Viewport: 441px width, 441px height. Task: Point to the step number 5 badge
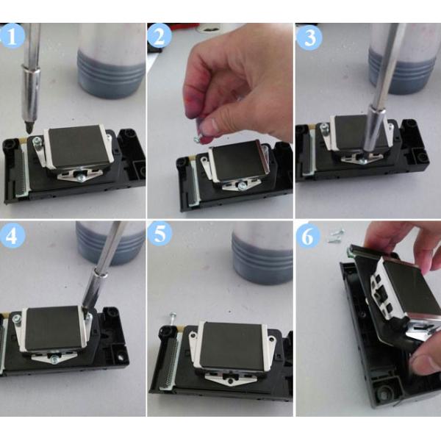click(161, 236)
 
